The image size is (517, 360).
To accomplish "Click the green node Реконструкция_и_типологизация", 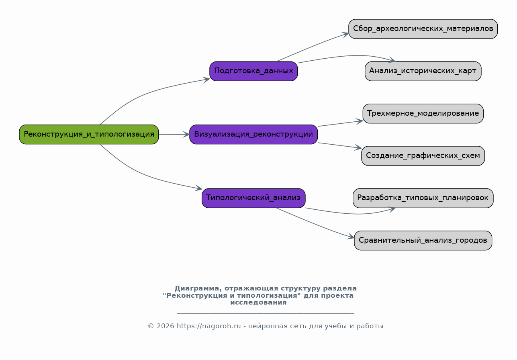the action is [x=89, y=134].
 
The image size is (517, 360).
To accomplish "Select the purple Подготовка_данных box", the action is [x=253, y=71].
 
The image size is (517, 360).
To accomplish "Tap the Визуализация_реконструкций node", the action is [x=253, y=134].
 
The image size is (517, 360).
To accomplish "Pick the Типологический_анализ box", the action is [x=253, y=198].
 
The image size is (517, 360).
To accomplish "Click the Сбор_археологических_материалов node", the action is [x=423, y=29].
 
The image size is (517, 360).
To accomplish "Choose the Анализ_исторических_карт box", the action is [x=423, y=71].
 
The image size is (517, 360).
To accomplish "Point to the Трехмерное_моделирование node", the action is [x=423, y=113].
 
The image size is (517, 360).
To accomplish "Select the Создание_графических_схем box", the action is [x=423, y=155].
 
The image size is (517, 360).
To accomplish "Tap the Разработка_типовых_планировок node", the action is [x=423, y=198].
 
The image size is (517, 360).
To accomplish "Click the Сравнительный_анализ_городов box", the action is [x=423, y=240].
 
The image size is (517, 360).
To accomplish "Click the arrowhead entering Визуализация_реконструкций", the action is [x=186, y=134].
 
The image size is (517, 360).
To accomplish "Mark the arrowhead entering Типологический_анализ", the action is [x=199, y=188].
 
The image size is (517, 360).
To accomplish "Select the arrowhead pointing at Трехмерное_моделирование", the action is [x=360, y=121].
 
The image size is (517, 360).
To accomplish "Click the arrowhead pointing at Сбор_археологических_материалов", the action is [x=345, y=35].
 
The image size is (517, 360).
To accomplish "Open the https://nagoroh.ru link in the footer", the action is [x=208, y=326].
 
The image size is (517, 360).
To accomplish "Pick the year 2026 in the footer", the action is [x=165, y=326].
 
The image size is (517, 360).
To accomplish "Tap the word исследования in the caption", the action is [x=258, y=303].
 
